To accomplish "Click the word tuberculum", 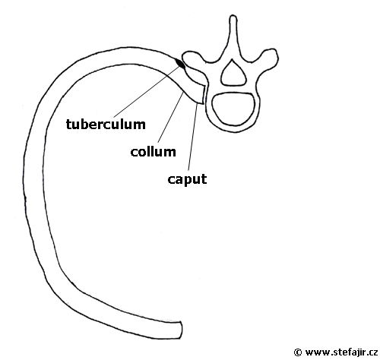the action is [x=106, y=124].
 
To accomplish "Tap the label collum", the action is [x=154, y=151].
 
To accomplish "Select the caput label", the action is [x=187, y=179].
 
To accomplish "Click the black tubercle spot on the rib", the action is [x=180, y=64].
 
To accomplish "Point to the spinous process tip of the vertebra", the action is [x=233, y=17].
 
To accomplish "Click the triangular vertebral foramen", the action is [x=234, y=73].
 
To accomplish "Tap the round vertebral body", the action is [x=233, y=109].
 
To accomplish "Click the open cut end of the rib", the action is [x=181, y=330].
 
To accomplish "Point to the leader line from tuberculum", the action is [x=147, y=91].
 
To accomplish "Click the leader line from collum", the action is [x=171, y=118].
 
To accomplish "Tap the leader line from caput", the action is [x=192, y=136].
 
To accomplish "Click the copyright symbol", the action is [x=298, y=352].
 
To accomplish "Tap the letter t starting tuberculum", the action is [x=69, y=125].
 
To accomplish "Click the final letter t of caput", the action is [x=204, y=179].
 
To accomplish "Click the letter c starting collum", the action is [x=135, y=153].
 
